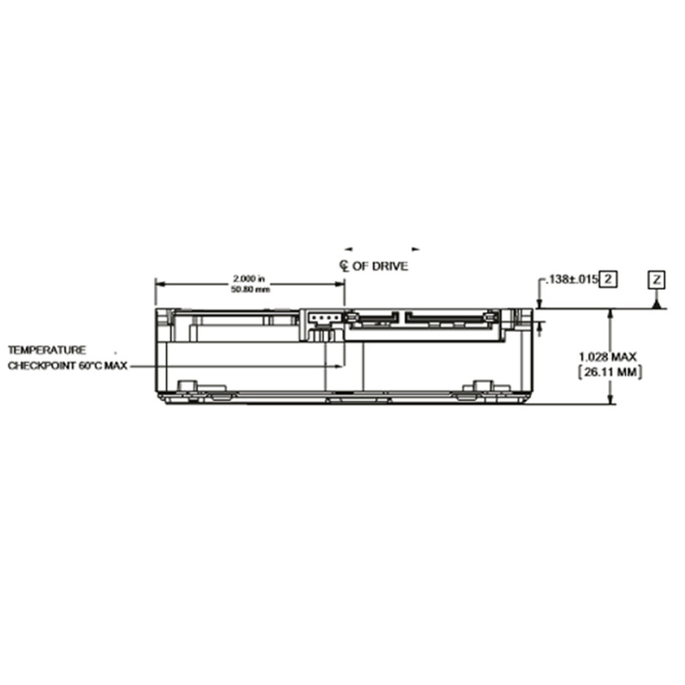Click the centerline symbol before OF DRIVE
pos(344,265)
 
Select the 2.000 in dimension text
pos(249,278)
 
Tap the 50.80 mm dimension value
pos(250,289)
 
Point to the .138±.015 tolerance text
pos(571,279)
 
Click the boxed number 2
pos(608,279)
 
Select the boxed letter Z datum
pos(656,280)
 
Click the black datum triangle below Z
pos(656,304)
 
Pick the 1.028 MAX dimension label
pos(608,357)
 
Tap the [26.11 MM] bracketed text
pos(610,372)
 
